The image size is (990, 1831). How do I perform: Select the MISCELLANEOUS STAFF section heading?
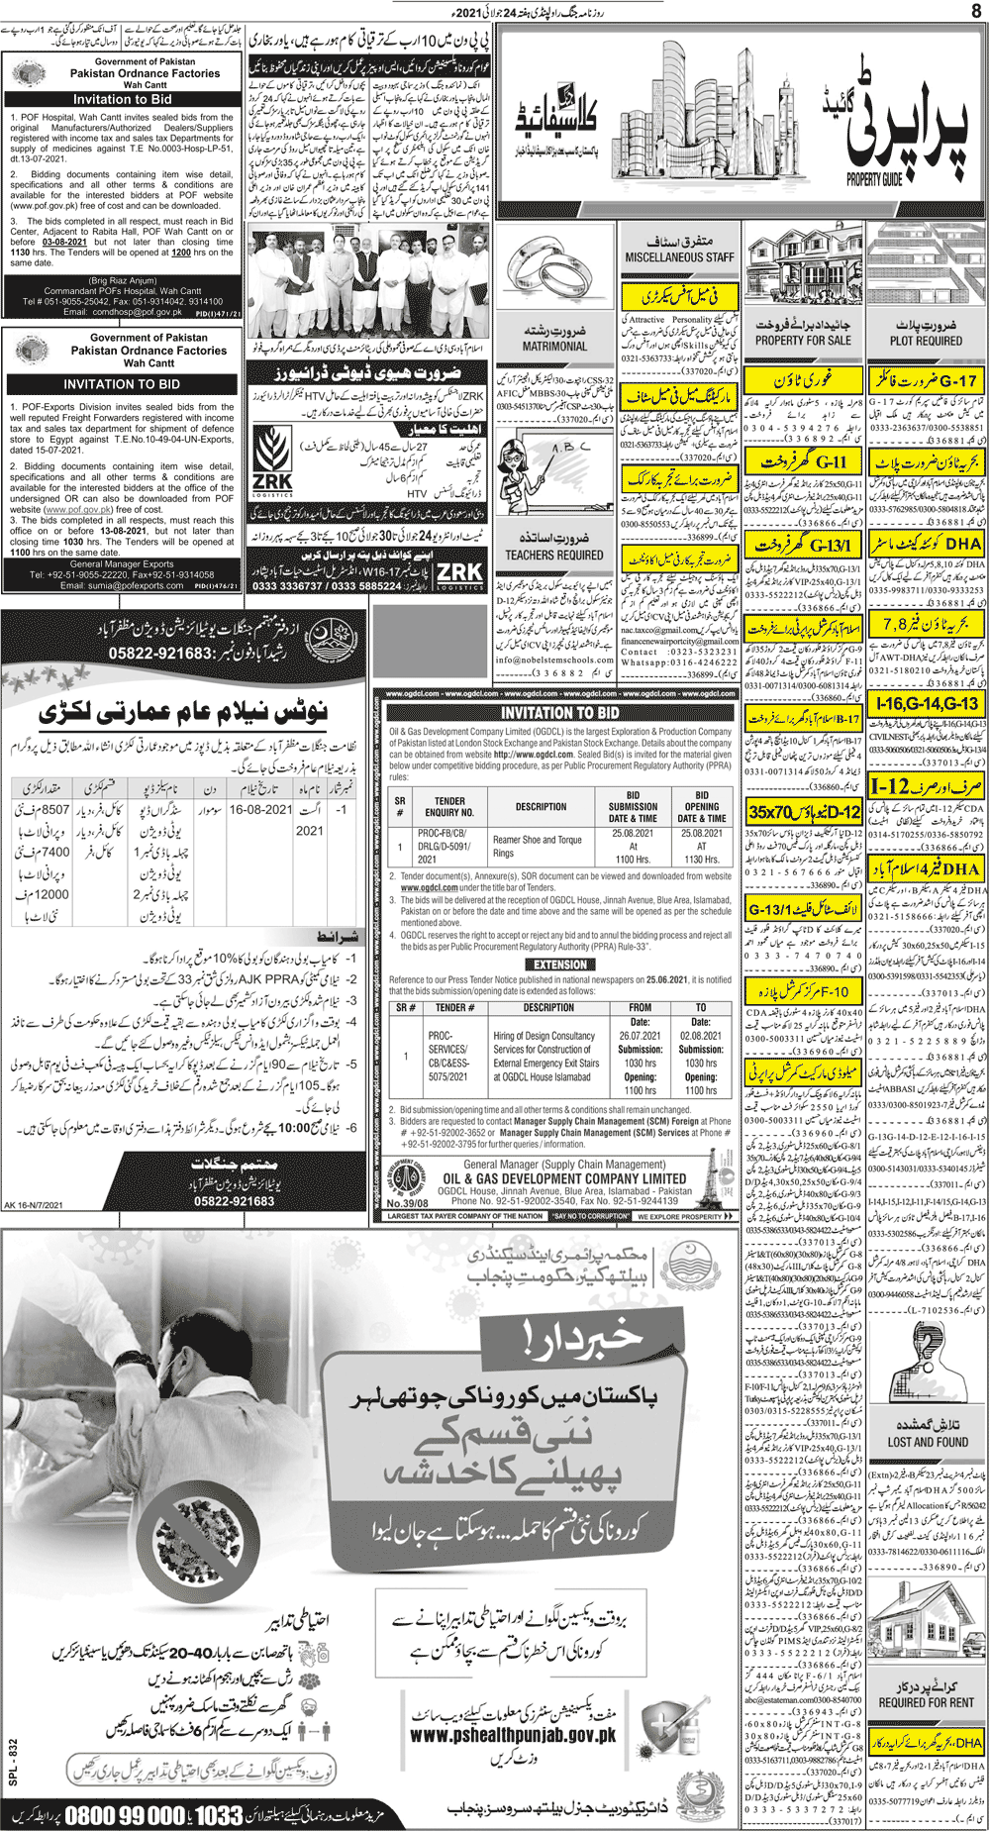point(679,256)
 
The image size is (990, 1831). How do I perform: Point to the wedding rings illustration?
point(554,281)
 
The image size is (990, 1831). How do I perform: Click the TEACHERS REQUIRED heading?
point(554,555)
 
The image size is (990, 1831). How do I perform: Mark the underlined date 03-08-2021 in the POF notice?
point(64,242)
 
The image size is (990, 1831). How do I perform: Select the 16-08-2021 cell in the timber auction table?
point(260,809)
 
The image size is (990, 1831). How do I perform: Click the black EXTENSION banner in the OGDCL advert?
point(560,964)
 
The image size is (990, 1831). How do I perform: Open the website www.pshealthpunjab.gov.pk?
point(513,1735)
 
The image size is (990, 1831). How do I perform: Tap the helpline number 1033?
point(217,1817)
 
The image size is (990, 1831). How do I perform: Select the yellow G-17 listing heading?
point(927,379)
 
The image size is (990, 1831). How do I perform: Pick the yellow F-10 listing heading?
point(803,990)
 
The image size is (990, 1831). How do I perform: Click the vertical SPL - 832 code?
point(13,1763)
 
